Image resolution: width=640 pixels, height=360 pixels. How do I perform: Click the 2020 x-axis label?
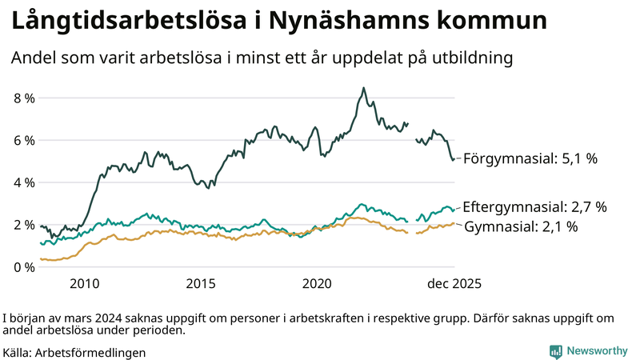coord(318,283)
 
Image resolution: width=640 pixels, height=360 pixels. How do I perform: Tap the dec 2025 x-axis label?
coord(453,283)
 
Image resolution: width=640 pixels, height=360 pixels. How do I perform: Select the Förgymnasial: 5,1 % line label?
coord(530,158)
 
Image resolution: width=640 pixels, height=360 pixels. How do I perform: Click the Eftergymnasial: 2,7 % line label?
coord(534,206)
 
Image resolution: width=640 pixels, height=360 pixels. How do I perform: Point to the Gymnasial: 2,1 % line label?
coord(521,226)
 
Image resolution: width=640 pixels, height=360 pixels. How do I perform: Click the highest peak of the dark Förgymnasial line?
coord(364,88)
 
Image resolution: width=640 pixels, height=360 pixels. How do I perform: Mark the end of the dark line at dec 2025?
coord(454,159)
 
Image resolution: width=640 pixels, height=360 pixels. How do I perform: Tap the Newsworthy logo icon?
coord(555,350)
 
